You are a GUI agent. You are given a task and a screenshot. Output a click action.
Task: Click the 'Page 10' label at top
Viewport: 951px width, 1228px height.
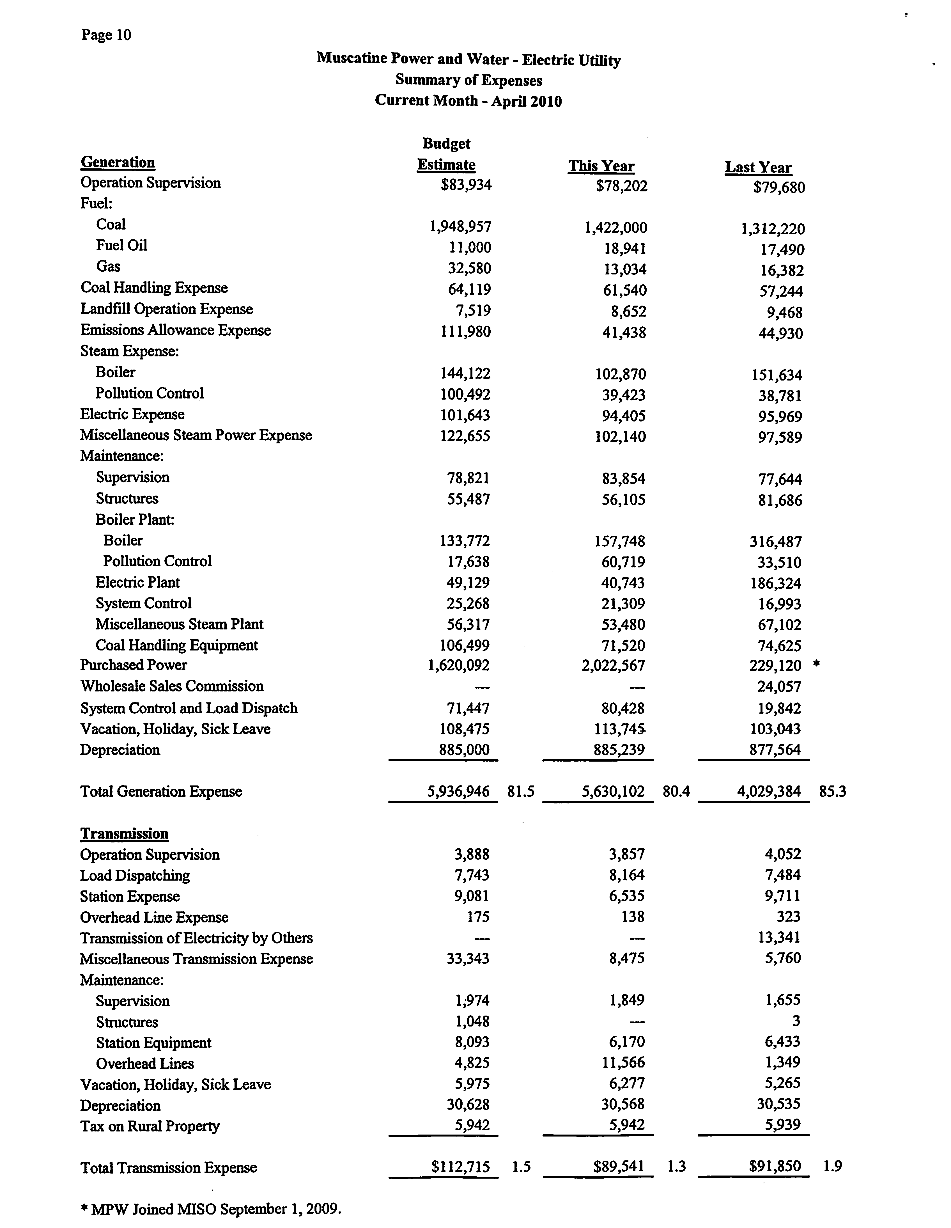point(106,35)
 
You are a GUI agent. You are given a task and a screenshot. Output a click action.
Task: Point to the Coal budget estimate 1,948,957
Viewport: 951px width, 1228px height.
point(460,226)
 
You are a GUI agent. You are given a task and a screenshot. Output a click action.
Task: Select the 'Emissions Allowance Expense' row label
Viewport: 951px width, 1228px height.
point(175,330)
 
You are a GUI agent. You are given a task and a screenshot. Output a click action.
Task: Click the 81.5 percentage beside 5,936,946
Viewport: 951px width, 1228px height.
point(520,792)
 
